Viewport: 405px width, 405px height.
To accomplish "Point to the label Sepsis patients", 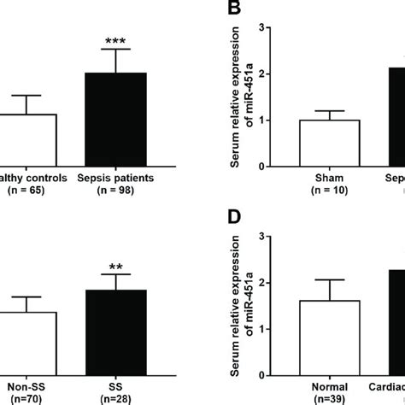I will pos(115,178).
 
